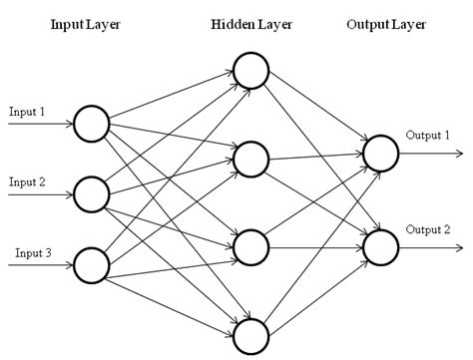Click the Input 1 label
27,111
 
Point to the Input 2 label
27,181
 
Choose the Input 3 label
33,253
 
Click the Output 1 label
427,136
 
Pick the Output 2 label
427,229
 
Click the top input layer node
91,124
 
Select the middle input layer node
91,193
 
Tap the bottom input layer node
91,265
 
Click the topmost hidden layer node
250,69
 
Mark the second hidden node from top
250,157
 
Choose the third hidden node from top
250,244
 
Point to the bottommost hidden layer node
250,332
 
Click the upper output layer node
380,153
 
